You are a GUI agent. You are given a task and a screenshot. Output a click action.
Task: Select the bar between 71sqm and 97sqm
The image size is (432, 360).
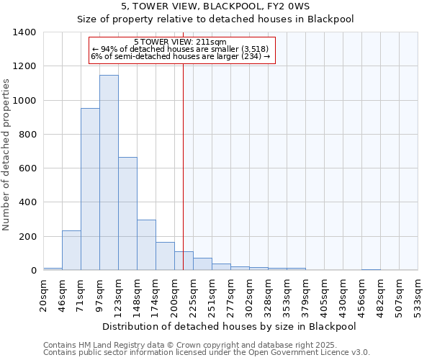pyautogui.click(x=90, y=189)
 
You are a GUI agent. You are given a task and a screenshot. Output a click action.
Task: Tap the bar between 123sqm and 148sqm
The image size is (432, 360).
pyautogui.click(x=127, y=214)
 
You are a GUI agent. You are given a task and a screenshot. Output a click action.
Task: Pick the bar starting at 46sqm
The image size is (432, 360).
pyautogui.click(x=71, y=251)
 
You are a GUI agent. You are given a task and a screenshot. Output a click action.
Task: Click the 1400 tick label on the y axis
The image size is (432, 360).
pyautogui.click(x=24, y=32)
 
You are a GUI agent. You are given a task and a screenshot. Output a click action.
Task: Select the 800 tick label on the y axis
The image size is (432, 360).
pyautogui.click(x=27, y=135)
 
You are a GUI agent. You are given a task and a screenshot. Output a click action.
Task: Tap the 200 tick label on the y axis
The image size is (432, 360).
pyautogui.click(x=27, y=237)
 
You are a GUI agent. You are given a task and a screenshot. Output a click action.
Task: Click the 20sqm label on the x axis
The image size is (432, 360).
pyautogui.click(x=43, y=294)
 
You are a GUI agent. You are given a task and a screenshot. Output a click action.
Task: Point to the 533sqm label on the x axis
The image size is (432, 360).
pyautogui.click(x=418, y=294)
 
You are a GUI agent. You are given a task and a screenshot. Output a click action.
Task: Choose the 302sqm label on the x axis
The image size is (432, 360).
pyautogui.click(x=249, y=294)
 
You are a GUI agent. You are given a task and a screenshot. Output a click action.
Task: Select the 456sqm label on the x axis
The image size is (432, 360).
pyautogui.click(x=361, y=294)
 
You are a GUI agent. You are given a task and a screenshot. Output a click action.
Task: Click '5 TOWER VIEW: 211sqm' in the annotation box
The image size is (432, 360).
pyautogui.click(x=181, y=42)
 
